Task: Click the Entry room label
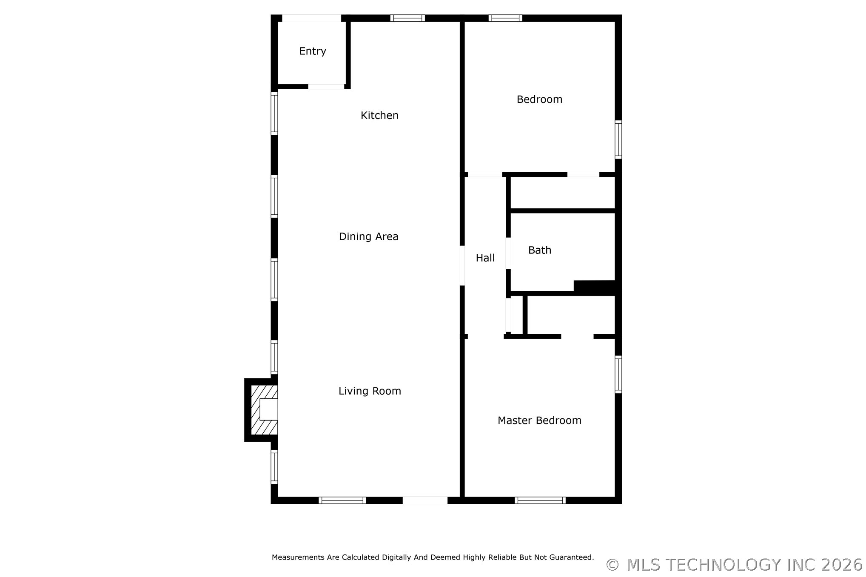(313, 51)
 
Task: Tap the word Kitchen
(379, 115)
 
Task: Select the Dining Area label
(368, 236)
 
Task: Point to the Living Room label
(370, 391)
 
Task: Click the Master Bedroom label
(539, 421)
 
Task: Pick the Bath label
(539, 250)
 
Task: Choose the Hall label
(485, 258)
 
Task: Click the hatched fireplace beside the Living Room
(262, 410)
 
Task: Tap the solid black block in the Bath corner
(595, 287)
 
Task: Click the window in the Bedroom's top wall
(505, 18)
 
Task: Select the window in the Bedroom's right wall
(618, 139)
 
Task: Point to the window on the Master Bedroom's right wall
(618, 374)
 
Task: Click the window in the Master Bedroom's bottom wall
(540, 500)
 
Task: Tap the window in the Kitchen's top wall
(407, 18)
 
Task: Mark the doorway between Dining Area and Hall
(462, 266)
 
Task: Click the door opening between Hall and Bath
(508, 253)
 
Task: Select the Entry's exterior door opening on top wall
(312, 18)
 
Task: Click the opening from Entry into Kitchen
(326, 87)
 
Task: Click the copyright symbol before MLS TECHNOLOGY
(612, 565)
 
